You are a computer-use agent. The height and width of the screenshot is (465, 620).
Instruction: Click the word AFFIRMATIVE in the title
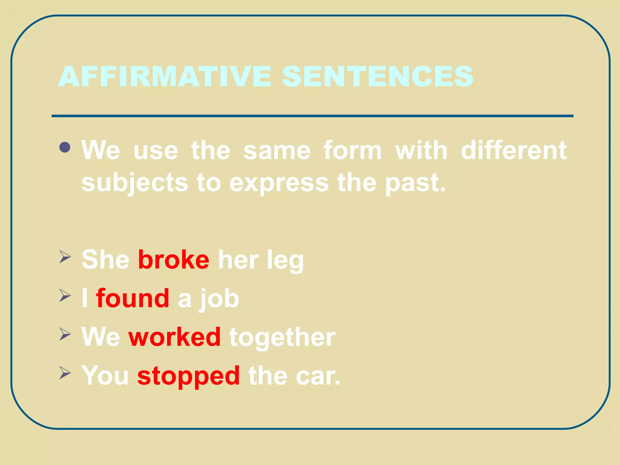pyautogui.click(x=165, y=76)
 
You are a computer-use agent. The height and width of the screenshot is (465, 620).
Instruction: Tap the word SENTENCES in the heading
pyautogui.click(x=378, y=76)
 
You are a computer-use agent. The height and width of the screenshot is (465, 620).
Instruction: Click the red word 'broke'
pyautogui.click(x=173, y=260)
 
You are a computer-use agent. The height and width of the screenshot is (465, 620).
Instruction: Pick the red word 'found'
pyautogui.click(x=133, y=298)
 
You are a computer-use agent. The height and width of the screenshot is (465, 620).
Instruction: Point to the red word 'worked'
pyautogui.click(x=175, y=337)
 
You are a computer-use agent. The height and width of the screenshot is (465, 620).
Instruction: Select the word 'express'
pyautogui.click(x=279, y=183)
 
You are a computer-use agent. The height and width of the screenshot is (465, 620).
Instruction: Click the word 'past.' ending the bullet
pyautogui.click(x=415, y=183)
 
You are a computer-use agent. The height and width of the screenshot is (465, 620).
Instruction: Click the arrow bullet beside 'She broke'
pyautogui.click(x=65, y=257)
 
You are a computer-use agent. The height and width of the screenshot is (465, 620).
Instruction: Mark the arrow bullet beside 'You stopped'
pyautogui.click(x=65, y=373)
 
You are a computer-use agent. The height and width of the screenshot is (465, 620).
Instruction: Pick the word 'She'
pyautogui.click(x=105, y=260)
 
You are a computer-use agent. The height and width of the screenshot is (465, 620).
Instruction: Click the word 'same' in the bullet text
pyautogui.click(x=277, y=150)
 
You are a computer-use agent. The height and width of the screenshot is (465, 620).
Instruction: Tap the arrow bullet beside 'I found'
pyautogui.click(x=65, y=295)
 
